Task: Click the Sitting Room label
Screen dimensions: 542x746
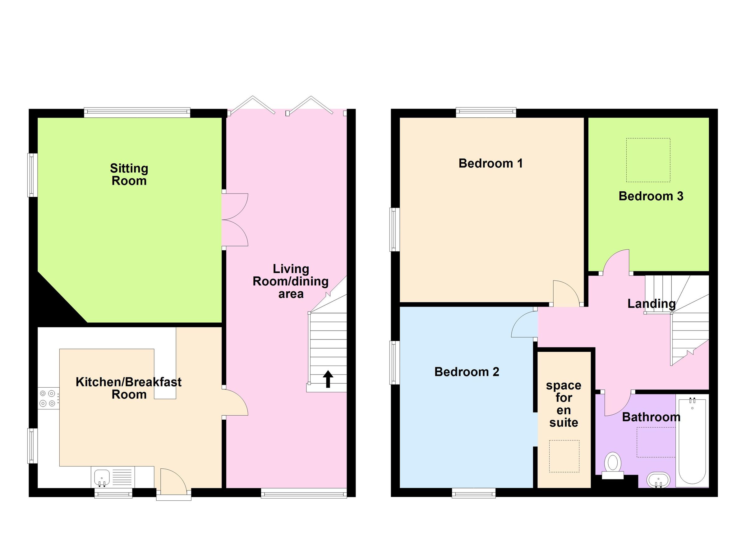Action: pyautogui.click(x=129, y=175)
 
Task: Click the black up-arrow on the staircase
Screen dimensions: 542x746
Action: pyautogui.click(x=328, y=379)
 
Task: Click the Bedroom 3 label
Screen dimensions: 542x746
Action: pyautogui.click(x=651, y=196)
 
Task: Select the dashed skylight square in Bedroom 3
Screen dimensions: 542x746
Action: pyautogui.click(x=648, y=160)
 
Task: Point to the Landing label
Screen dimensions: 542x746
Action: pyautogui.click(x=651, y=303)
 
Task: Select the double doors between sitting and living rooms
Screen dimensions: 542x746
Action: pyautogui.click(x=234, y=220)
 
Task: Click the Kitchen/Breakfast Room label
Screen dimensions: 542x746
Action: pyautogui.click(x=129, y=388)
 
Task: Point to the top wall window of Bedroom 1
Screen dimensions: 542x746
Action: pyautogui.click(x=486, y=112)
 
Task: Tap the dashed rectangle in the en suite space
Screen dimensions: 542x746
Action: pyautogui.click(x=564, y=456)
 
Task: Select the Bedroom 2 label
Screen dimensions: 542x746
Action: pyautogui.click(x=467, y=372)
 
